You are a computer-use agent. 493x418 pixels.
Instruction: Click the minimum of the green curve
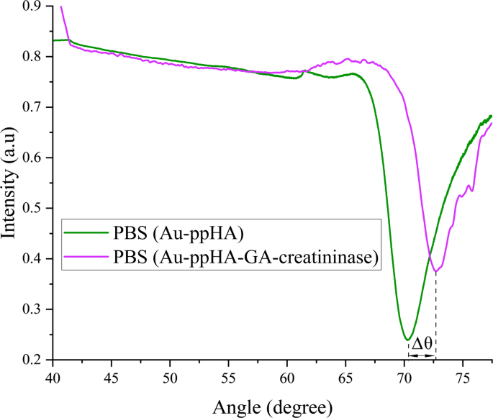(407, 339)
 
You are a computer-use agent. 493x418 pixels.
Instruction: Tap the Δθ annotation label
(422, 343)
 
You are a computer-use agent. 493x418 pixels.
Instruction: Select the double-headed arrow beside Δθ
(422, 355)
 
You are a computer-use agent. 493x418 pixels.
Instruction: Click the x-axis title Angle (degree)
(272, 406)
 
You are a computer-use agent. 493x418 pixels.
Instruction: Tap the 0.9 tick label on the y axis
(33, 6)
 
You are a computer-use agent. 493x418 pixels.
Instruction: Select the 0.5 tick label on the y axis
(33, 209)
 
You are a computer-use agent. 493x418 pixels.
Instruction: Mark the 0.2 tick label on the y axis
(33, 360)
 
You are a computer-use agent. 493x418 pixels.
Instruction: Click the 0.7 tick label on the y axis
(33, 107)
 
